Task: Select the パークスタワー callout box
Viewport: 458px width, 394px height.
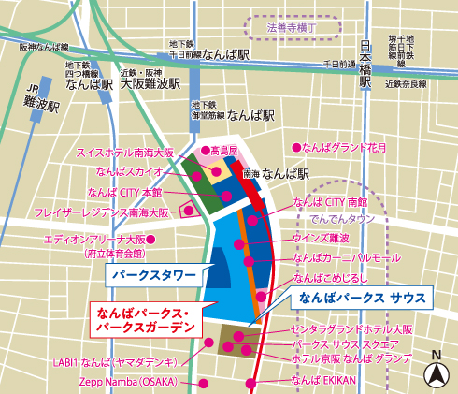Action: (154, 276)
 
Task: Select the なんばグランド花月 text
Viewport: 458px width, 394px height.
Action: (351, 147)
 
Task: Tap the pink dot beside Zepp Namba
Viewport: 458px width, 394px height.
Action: (204, 383)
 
